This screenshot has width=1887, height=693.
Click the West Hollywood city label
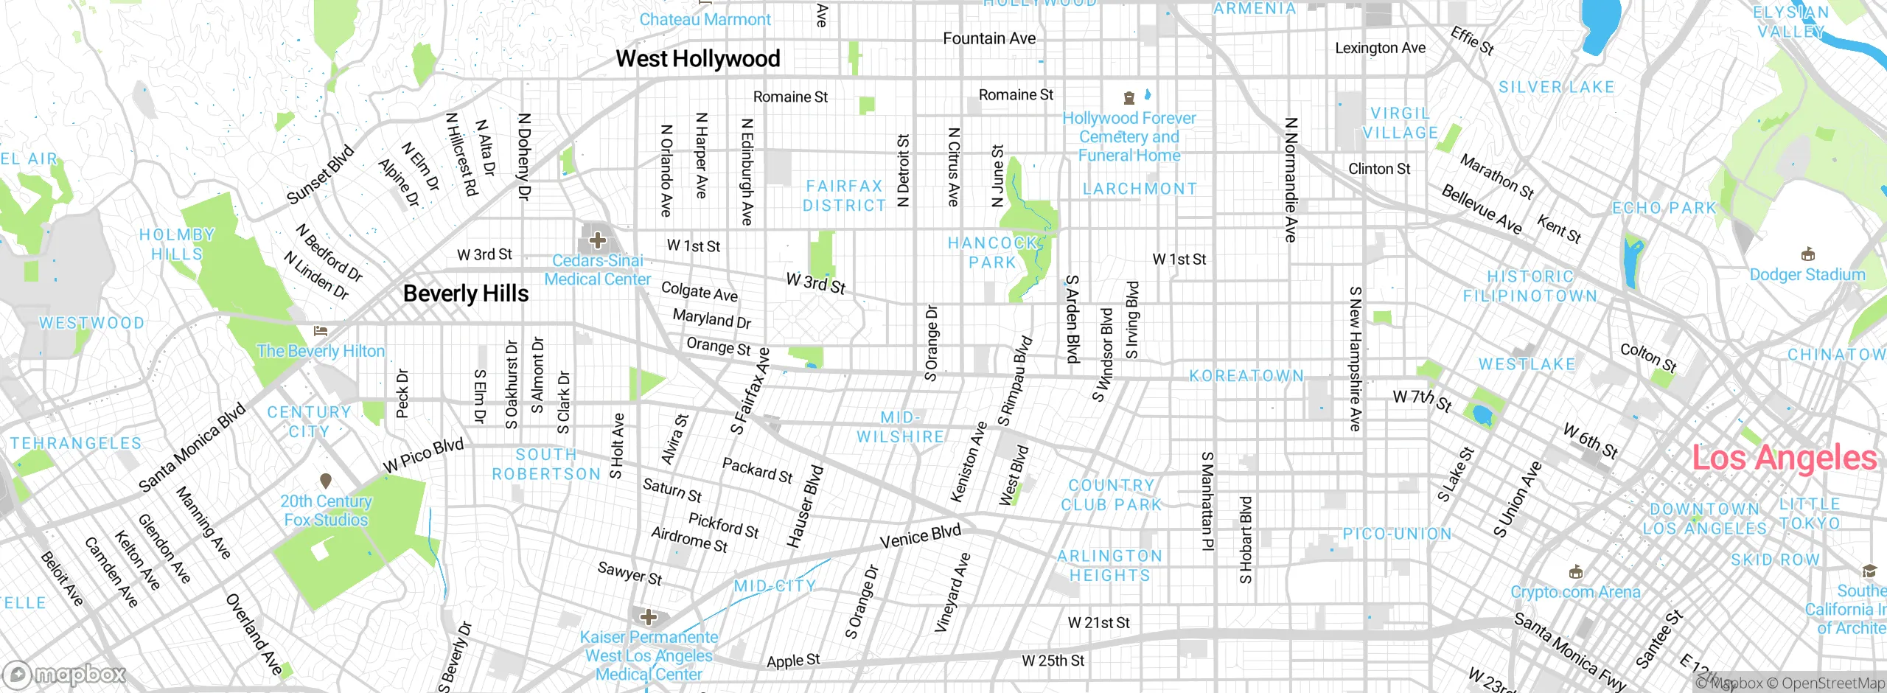point(697,58)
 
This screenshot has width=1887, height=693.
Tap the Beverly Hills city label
point(466,293)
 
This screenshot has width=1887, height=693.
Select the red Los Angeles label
point(1784,458)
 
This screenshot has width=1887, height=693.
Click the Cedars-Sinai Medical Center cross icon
point(598,240)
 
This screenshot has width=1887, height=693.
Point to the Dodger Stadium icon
point(1807,254)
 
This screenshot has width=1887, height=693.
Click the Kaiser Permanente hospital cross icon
point(649,616)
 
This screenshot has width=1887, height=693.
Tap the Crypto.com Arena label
point(1576,592)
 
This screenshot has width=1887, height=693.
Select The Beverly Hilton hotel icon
point(320,331)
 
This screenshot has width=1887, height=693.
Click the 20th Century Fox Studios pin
point(326,481)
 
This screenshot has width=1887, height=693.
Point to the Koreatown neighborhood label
point(1246,376)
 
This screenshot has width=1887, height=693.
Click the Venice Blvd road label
point(920,536)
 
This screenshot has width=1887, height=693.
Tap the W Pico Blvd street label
point(423,456)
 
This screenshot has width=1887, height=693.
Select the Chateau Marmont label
point(705,20)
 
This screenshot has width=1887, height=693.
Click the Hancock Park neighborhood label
point(992,252)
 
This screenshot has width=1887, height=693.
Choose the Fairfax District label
point(844,196)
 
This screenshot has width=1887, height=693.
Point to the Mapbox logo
point(65,674)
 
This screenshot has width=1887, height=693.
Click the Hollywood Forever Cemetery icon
point(1129,97)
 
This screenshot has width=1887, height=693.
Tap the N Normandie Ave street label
point(1290,180)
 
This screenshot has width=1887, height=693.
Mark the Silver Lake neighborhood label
point(1556,87)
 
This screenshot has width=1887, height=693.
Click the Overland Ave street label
point(254,634)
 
